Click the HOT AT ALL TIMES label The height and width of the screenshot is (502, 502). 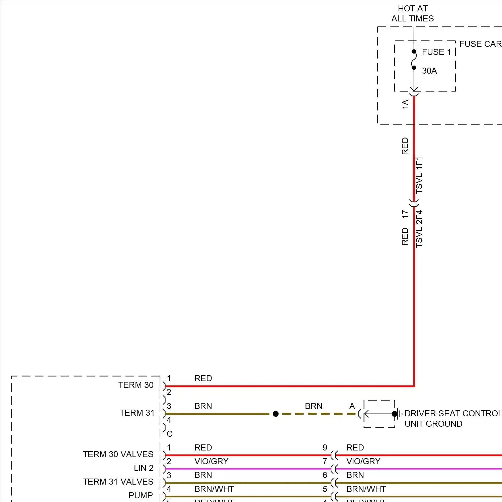point(413,14)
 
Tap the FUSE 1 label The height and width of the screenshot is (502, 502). point(436,52)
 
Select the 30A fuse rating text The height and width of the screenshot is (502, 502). point(429,71)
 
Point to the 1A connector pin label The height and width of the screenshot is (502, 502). point(405,104)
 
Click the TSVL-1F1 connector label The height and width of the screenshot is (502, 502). point(419,175)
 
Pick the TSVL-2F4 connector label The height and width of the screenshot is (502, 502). point(419,229)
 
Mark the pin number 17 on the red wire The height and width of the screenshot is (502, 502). point(405,214)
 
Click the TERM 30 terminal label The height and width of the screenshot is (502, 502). point(136,385)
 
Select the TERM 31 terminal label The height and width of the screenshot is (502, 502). point(137,413)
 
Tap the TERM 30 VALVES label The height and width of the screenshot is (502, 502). point(118,454)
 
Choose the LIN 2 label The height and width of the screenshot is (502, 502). point(144,468)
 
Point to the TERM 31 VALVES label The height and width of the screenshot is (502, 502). point(118,482)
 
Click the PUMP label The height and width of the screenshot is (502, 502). point(141,496)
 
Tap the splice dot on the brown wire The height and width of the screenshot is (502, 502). point(276,414)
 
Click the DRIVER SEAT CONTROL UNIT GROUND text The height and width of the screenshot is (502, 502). point(453,419)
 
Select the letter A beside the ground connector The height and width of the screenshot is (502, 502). point(352,406)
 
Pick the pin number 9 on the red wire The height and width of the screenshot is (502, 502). point(325,448)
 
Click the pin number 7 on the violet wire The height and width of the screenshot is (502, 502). point(325,462)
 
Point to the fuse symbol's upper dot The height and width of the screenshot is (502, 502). point(414,52)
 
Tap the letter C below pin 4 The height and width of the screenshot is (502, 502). point(170,434)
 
